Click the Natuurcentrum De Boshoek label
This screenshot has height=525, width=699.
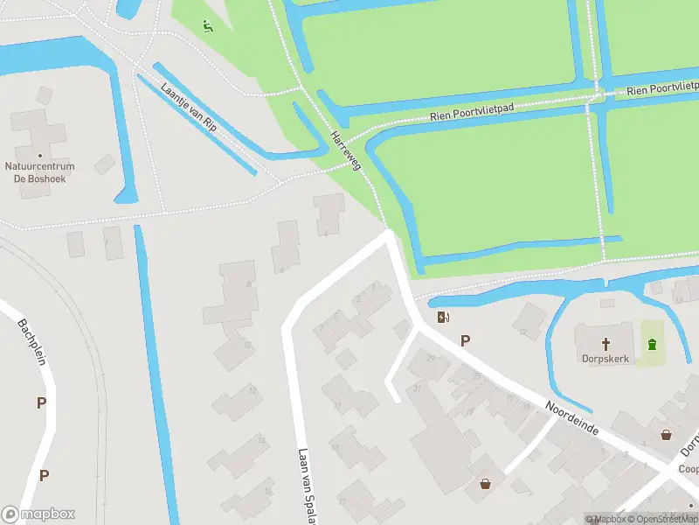click(x=39, y=171)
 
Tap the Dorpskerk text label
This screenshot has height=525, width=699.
click(x=606, y=358)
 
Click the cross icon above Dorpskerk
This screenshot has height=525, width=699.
click(x=606, y=342)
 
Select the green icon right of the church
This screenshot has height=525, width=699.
click(x=652, y=343)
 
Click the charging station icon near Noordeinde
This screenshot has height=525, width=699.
click(x=443, y=318)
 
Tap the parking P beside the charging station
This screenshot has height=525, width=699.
click(x=465, y=341)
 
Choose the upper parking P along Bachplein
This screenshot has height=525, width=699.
click(x=41, y=402)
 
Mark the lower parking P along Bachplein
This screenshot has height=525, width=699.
click(x=44, y=475)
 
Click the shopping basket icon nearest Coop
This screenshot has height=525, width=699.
click(x=667, y=434)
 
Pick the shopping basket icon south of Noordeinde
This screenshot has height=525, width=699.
click(x=485, y=482)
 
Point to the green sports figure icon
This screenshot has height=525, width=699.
click(x=206, y=25)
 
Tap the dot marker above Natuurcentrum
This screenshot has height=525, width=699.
click(x=39, y=155)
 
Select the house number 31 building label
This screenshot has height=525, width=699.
click(x=418, y=388)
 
